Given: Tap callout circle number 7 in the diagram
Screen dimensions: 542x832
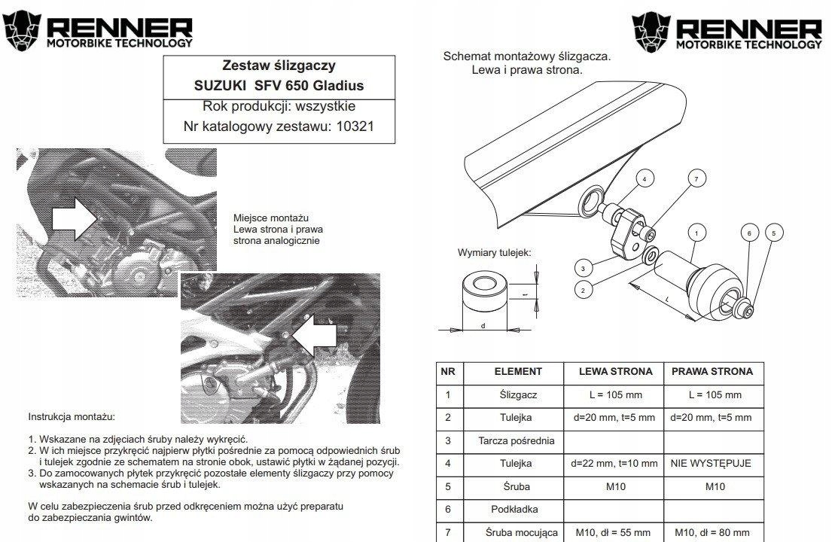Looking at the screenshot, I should click(696, 178).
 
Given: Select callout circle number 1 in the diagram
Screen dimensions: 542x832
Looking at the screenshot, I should click(696, 233).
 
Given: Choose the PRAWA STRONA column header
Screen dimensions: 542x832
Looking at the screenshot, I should click(711, 371).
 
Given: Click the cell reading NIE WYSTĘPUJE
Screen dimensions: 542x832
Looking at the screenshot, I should click(711, 463).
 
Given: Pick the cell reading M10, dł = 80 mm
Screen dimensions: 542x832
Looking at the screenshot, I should click(711, 533).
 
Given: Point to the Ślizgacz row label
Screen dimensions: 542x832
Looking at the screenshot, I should click(517, 394).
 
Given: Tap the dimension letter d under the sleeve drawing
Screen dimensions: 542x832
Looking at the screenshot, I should click(482, 324).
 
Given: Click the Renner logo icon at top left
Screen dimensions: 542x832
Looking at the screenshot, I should click(24, 30).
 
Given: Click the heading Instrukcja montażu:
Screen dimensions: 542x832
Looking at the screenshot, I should click(72, 416).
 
